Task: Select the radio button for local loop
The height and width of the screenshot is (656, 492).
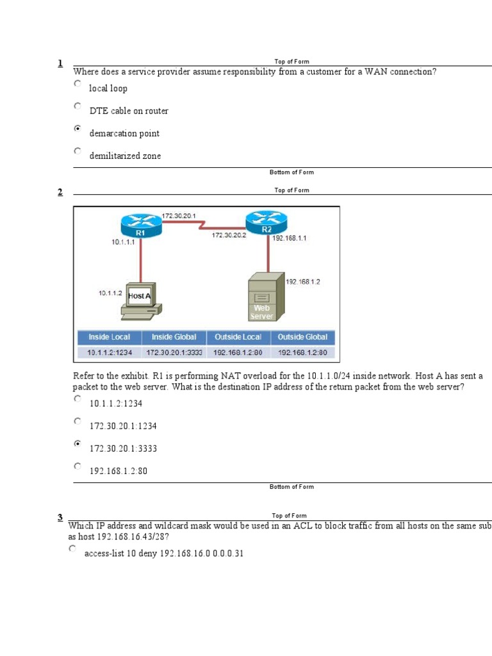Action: point(78,83)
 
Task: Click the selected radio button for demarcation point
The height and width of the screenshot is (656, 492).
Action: point(78,129)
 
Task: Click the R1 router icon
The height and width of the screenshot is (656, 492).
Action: point(140,225)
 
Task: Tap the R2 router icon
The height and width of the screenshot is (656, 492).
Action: point(266,222)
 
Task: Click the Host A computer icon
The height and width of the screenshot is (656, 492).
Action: point(140,300)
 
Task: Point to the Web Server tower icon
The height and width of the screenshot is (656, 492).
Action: point(264,296)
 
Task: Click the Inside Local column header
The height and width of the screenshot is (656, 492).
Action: point(109,337)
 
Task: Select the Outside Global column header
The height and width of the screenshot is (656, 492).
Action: point(302,337)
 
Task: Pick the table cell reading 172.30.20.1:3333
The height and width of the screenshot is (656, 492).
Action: point(174,352)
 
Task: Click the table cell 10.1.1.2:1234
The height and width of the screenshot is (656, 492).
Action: point(109,352)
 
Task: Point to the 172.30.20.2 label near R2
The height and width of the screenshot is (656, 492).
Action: point(230,236)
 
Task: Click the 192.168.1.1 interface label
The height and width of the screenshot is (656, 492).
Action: point(290,238)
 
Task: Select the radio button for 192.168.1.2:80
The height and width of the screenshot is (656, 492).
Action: point(78,466)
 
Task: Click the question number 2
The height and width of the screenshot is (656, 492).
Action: point(60,192)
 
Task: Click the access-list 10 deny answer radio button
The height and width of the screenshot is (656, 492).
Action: point(73,549)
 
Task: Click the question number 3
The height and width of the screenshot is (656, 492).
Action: point(60,518)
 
